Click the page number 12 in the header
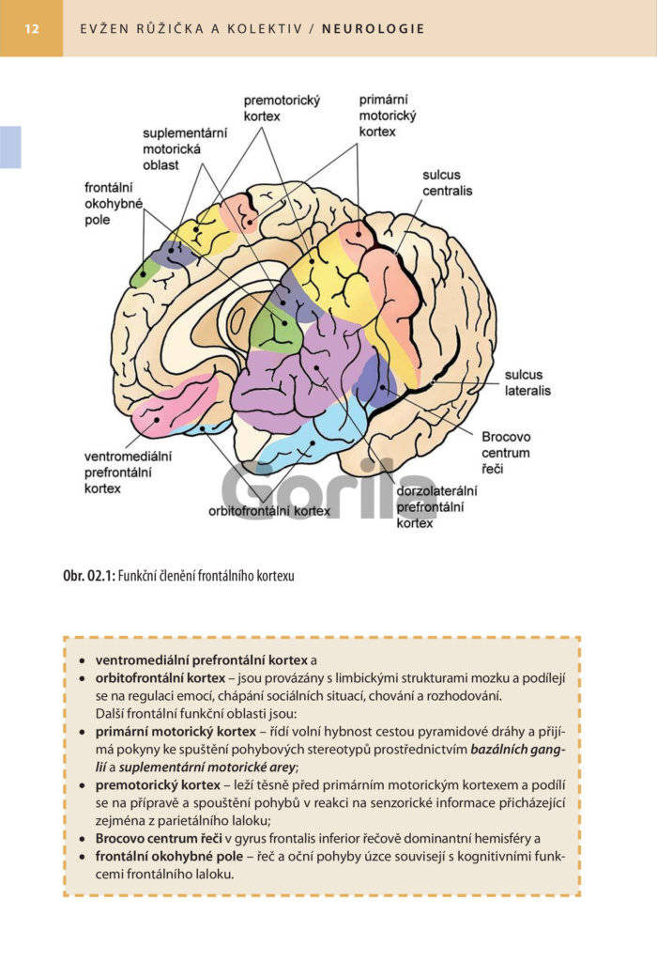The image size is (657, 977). coord(32,29)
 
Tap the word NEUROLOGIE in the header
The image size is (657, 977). coord(373,29)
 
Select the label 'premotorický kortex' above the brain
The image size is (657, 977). coord(282,108)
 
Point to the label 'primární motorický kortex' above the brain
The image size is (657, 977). coord(388,116)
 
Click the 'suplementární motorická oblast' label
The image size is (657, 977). coord(185,149)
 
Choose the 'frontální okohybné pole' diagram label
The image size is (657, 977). coord(114,204)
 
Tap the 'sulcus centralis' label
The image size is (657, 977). coord(447,182)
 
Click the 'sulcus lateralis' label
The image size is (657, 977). coord(527,382)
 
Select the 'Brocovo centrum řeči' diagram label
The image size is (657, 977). coord(506,453)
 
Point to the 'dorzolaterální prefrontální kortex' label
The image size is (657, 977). coord(436,506)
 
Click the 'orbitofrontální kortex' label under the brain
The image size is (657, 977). coord(269,511)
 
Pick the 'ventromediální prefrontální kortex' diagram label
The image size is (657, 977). coord(128,473)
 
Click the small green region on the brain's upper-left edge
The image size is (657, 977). coord(144,273)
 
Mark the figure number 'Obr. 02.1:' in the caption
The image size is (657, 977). coord(89,576)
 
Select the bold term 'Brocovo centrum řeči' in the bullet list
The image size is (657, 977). coord(159,838)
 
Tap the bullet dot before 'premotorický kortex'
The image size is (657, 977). coord(83,785)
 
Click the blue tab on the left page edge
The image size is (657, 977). coord(10,147)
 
